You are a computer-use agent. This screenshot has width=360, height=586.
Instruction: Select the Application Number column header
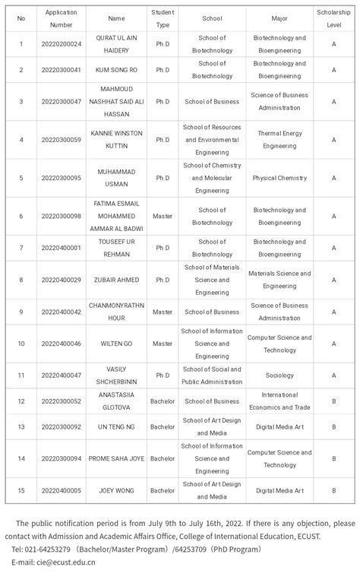[61, 18]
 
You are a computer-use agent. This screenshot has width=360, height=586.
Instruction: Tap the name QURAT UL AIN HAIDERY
[116, 43]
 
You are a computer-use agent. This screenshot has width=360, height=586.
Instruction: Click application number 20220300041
[61, 70]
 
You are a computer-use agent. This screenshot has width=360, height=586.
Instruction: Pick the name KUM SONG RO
[116, 70]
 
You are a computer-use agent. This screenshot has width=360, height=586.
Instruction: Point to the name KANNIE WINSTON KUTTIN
[116, 139]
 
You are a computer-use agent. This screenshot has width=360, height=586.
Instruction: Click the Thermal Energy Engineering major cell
[279, 139]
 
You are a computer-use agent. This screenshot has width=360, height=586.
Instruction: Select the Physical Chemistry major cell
[279, 178]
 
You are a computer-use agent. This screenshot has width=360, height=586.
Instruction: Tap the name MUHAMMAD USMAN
[116, 178]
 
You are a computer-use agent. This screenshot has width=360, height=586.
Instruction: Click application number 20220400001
[61, 248]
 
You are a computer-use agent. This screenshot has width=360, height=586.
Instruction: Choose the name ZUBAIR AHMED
[116, 280]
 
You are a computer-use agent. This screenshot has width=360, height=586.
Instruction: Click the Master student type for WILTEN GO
[162, 344]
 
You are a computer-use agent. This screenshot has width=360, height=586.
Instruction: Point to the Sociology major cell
[279, 375]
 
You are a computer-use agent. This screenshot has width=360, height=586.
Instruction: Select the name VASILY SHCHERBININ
[116, 375]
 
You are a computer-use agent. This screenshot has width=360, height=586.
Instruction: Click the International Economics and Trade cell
[279, 401]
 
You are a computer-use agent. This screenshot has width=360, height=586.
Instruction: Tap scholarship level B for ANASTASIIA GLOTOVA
[333, 401]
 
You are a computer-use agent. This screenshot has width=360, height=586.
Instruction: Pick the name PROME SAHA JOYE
[116, 458]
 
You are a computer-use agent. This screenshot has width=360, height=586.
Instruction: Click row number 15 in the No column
[21, 490]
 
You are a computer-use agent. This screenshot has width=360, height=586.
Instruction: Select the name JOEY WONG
[116, 490]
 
